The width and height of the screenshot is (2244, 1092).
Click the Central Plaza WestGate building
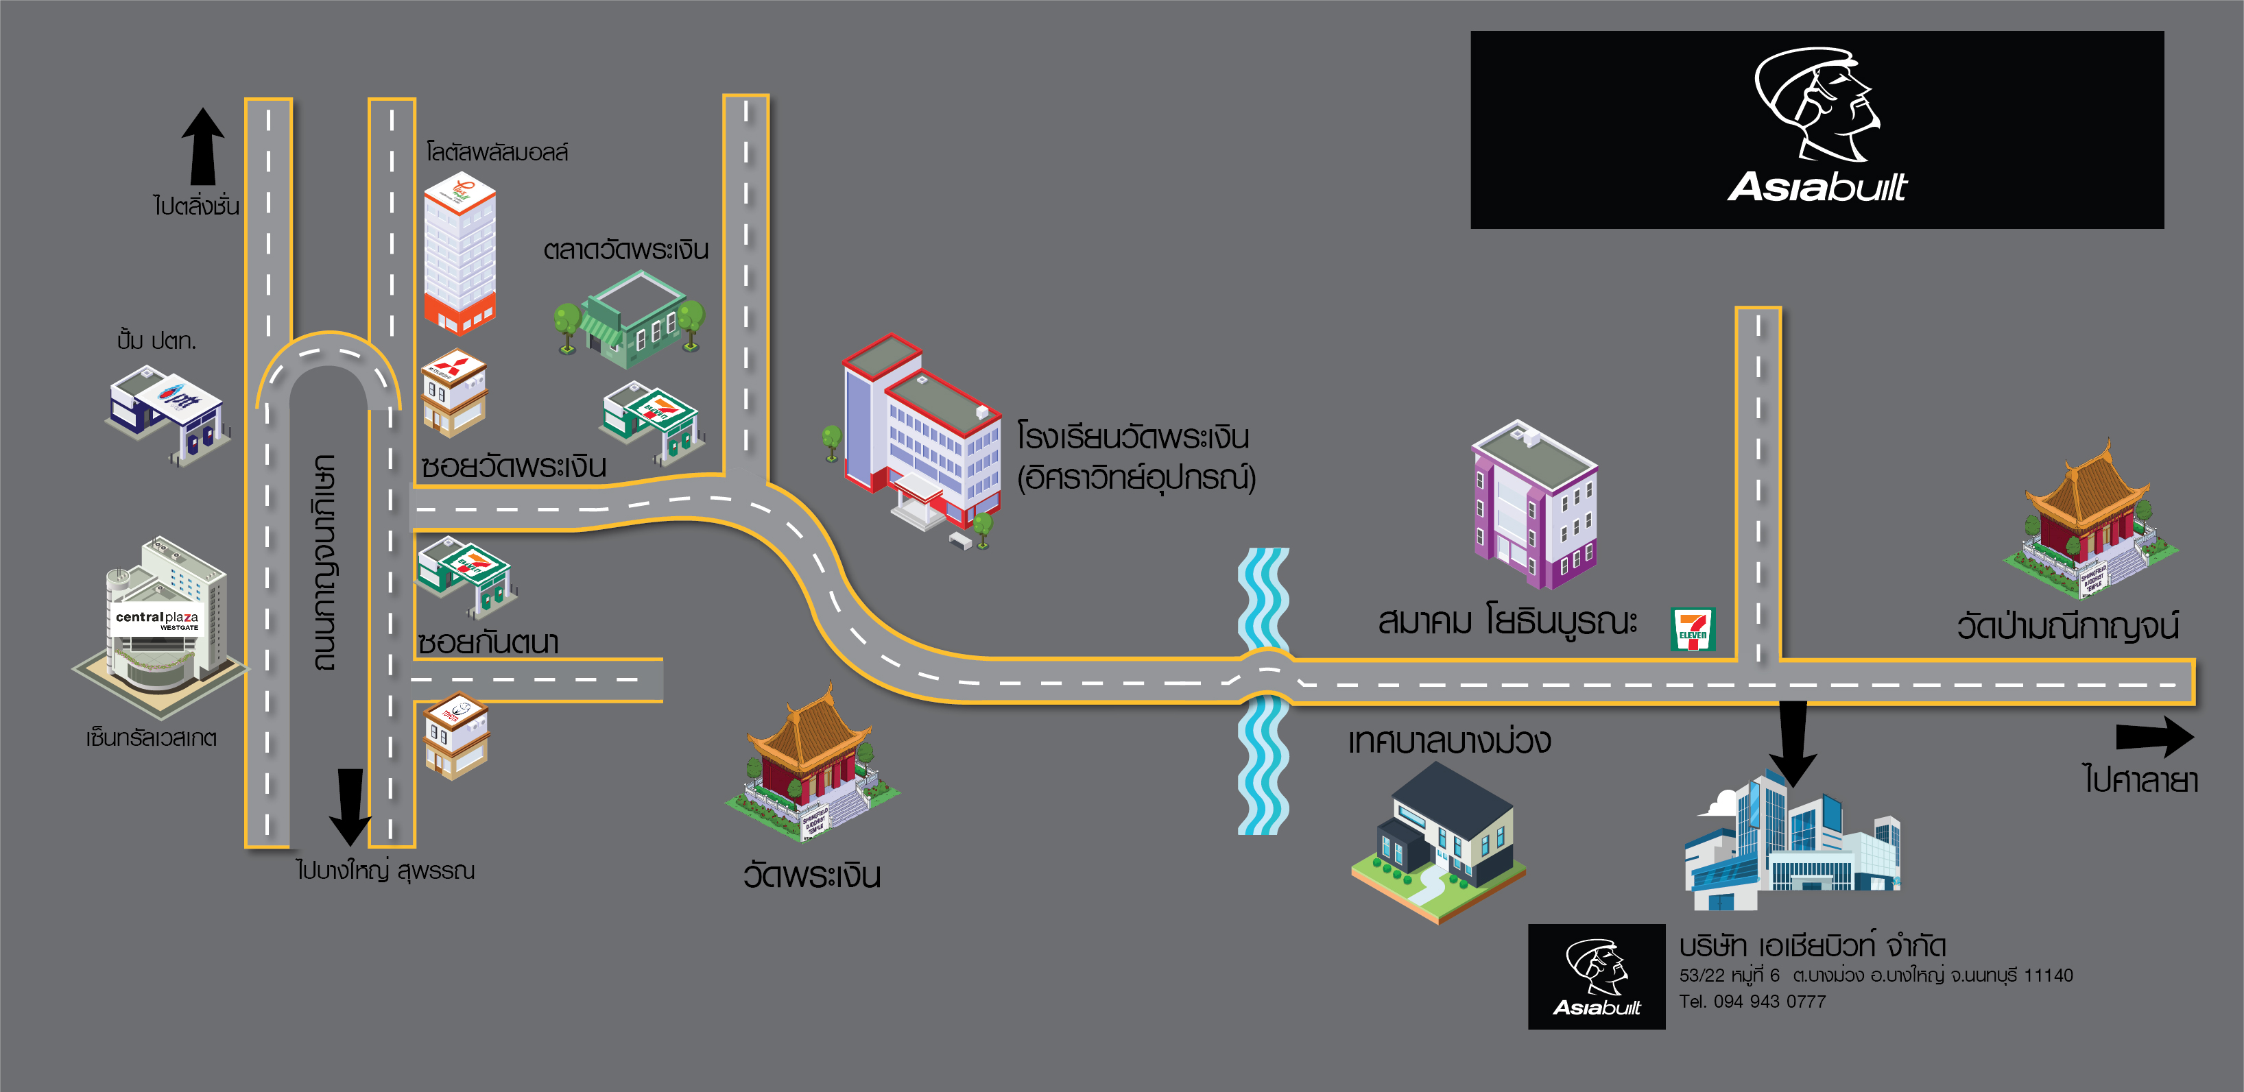coord(157,618)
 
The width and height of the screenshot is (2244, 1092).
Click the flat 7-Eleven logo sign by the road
coord(1693,629)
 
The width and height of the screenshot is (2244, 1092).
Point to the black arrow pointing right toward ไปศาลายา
coord(2154,737)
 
